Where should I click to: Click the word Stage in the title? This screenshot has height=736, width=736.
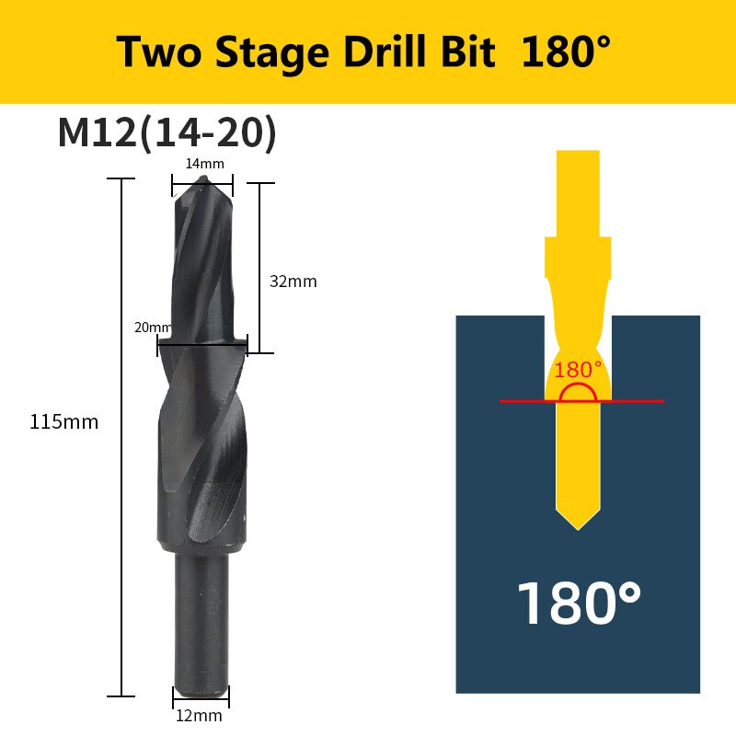pos(268,53)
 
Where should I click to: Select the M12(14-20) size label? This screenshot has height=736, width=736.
pos(167,132)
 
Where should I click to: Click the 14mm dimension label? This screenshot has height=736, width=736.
pos(204,164)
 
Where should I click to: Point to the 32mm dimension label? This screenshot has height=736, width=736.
pos(293,282)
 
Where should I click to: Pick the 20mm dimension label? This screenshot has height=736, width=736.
pos(152,328)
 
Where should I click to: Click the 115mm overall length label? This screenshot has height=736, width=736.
pos(63,422)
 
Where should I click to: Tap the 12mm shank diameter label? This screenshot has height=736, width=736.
pos(199,715)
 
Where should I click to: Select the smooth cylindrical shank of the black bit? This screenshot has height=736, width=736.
pos(202,626)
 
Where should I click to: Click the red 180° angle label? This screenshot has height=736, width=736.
pos(577,370)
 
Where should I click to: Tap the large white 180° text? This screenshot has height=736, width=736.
pos(578,603)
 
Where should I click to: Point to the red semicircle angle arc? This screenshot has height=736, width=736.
pos(577,393)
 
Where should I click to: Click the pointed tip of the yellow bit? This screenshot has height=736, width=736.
pos(578,527)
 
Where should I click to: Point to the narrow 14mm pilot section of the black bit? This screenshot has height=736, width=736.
pos(202,267)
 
